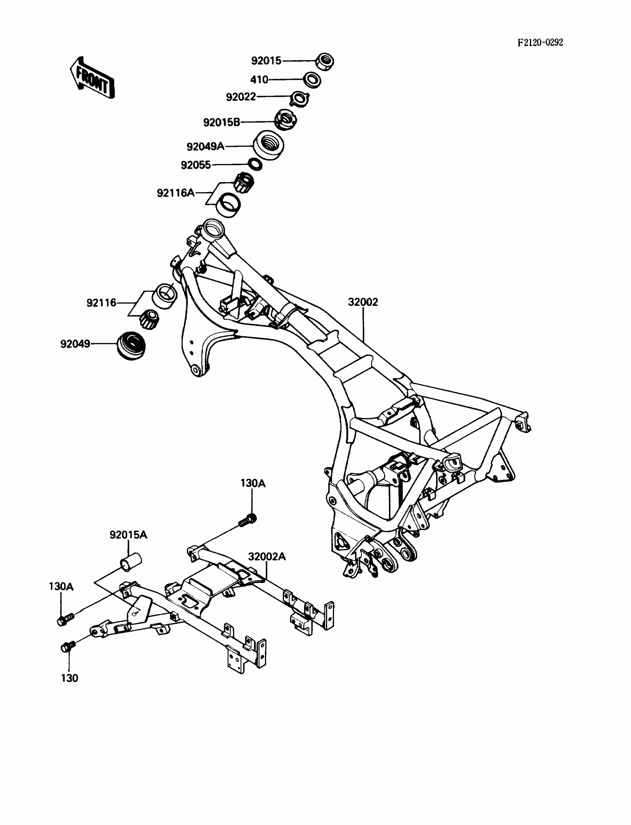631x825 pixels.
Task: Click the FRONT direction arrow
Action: (x=92, y=78)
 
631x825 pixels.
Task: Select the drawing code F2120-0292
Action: (x=540, y=42)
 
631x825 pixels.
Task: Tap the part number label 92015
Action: (x=266, y=61)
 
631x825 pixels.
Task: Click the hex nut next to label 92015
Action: (x=325, y=61)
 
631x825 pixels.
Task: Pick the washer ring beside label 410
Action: (x=312, y=80)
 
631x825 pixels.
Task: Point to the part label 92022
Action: (x=241, y=97)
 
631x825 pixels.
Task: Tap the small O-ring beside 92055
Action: (x=255, y=164)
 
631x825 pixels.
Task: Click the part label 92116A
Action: (x=176, y=193)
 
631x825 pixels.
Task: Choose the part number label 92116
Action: (x=101, y=303)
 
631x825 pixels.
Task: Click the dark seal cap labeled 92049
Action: (x=131, y=346)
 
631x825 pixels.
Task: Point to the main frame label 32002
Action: (x=363, y=302)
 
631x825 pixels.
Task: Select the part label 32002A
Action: (x=267, y=557)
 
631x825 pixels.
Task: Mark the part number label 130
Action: (x=69, y=678)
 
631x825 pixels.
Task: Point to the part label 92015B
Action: (x=222, y=122)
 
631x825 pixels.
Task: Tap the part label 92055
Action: (x=196, y=165)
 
